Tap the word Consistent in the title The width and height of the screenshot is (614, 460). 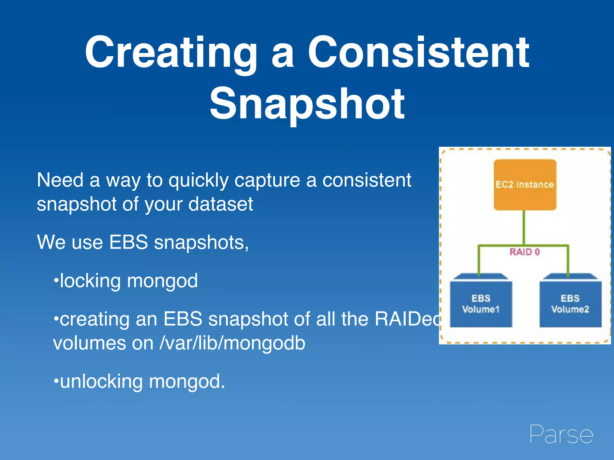pyautogui.click(x=419, y=52)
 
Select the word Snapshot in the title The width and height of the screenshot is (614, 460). pyautogui.click(x=307, y=103)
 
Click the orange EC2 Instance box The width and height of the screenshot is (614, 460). pyautogui.click(x=525, y=184)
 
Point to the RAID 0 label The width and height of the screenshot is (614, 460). pyautogui.click(x=525, y=252)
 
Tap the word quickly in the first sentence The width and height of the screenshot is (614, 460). pyautogui.click(x=198, y=181)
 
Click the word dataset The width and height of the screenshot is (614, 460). pyautogui.click(x=220, y=204)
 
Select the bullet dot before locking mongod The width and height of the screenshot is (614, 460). pyautogui.click(x=55, y=281)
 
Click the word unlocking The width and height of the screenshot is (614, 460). pyautogui.click(x=101, y=382)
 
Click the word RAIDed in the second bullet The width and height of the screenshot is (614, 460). pyautogui.click(x=408, y=319)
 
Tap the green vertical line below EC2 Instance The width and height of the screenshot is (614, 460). pyautogui.click(x=524, y=228)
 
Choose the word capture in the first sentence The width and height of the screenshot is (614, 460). pyautogui.click(x=267, y=181)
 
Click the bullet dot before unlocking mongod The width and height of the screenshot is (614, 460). pyautogui.click(x=55, y=381)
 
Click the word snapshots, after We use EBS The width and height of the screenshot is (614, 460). pyautogui.click(x=201, y=243)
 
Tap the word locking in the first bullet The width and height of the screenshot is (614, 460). pyautogui.click(x=90, y=281)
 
